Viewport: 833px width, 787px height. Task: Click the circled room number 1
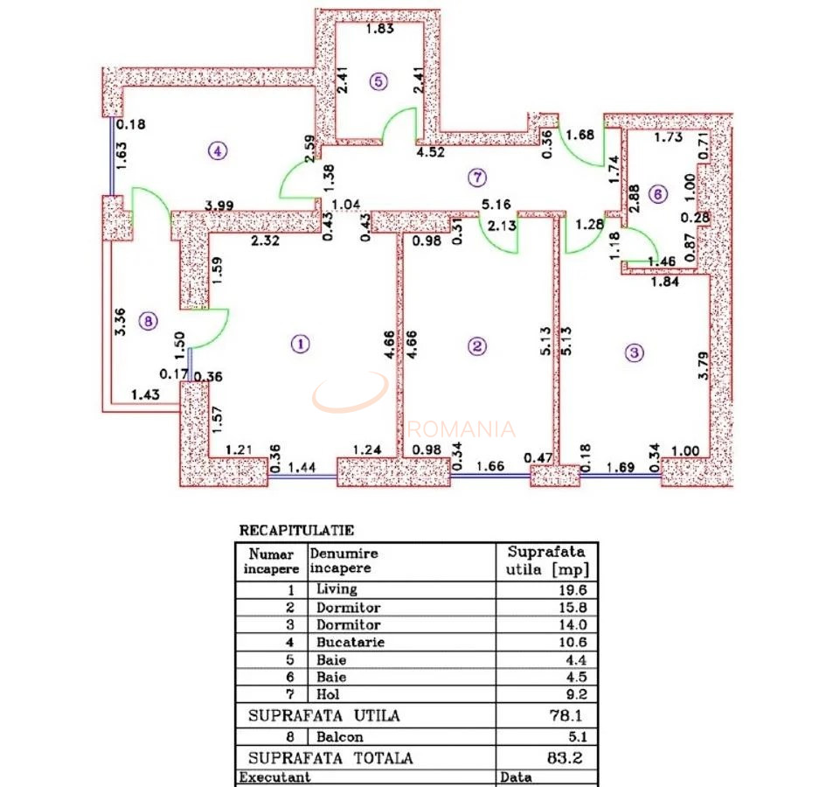tap(299, 344)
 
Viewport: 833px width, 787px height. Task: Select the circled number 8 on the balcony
tap(149, 322)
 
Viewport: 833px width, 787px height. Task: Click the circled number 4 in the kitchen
tap(216, 150)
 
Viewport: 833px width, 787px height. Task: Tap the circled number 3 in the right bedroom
tap(635, 352)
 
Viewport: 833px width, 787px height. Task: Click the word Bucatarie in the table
tap(350, 642)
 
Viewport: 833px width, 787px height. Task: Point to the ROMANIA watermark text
tap(462, 429)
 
